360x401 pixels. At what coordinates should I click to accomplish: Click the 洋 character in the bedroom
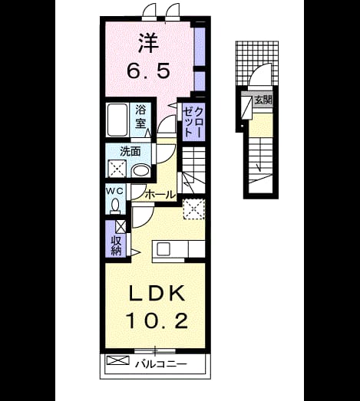coord(149,44)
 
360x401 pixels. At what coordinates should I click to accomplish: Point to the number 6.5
coord(148,71)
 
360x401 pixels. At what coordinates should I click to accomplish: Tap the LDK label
coord(157,294)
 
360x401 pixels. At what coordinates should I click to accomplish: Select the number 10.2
coord(157,321)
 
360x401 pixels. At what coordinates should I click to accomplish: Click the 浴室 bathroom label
coord(140,117)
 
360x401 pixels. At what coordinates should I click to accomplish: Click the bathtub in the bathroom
coord(117,120)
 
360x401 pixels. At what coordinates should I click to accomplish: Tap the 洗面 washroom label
coord(130,152)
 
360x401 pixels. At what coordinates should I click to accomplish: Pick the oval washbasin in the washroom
coord(140,171)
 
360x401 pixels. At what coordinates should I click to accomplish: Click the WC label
coord(115,190)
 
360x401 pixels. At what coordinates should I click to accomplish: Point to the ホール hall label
coord(160,195)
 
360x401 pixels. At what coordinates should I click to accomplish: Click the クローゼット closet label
coord(193,122)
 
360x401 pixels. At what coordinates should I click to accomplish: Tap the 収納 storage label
coord(116,246)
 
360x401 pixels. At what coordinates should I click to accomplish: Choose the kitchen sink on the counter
coord(163,249)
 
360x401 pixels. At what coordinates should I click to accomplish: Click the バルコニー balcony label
coord(161,364)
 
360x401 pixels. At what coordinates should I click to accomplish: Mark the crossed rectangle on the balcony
coord(118,360)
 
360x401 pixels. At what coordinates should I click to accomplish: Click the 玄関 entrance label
coord(263,100)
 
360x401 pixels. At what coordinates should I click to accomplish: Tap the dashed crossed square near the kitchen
coord(194,209)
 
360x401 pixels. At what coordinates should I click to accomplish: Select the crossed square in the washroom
coord(117,169)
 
